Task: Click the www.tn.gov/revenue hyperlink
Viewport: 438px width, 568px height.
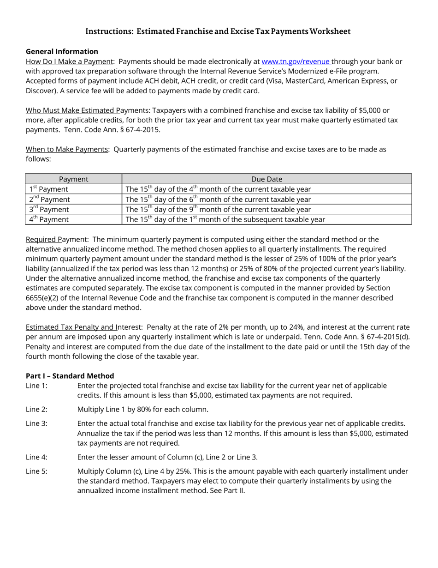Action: click(x=296, y=61)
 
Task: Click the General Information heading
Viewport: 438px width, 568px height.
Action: click(x=62, y=51)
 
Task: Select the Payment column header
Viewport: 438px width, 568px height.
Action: click(x=73, y=179)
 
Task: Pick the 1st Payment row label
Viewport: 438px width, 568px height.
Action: click(x=48, y=189)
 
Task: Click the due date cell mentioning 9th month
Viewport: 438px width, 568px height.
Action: click(x=218, y=209)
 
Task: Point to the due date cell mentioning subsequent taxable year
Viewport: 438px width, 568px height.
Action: click(x=225, y=219)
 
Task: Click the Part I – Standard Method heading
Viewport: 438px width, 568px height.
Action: click(x=70, y=376)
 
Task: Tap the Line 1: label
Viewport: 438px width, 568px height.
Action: click(x=36, y=386)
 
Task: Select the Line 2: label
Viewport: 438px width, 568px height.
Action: click(x=36, y=409)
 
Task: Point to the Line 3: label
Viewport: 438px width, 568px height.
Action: click(x=36, y=423)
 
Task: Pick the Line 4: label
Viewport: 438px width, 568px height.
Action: click(x=36, y=457)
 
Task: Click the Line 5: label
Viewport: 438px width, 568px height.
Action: click(x=36, y=471)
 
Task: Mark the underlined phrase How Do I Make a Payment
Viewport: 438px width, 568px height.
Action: click(x=69, y=61)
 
